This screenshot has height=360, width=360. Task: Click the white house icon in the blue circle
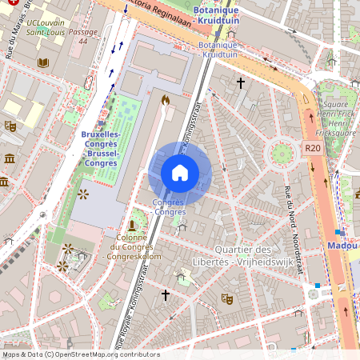180,173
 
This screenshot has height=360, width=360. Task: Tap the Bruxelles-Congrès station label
100,149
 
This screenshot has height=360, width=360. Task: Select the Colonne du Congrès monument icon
131,226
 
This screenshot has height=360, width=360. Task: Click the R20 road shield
312,148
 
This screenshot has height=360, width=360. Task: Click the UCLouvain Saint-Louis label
45,28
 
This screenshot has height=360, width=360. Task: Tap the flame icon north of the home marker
166,100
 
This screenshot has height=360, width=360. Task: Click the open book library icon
43,62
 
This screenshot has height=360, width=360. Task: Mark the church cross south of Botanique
239,82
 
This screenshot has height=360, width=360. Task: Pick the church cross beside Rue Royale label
166,295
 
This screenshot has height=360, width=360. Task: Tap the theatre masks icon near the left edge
10,126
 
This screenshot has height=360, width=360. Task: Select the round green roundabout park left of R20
282,153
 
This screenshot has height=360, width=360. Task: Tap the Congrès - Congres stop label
169,207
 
